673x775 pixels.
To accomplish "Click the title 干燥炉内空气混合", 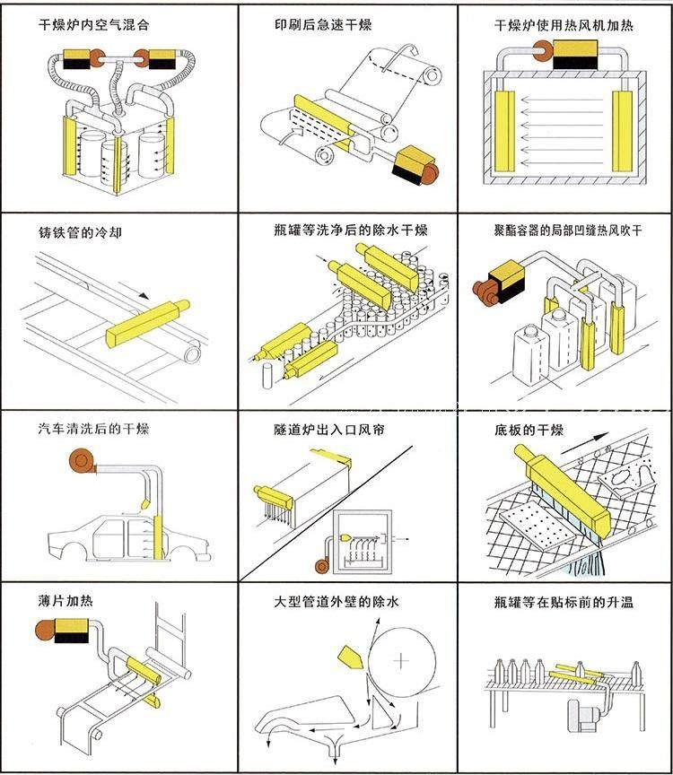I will (x=94, y=25).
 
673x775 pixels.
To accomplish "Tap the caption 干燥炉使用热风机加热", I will (x=564, y=25).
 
